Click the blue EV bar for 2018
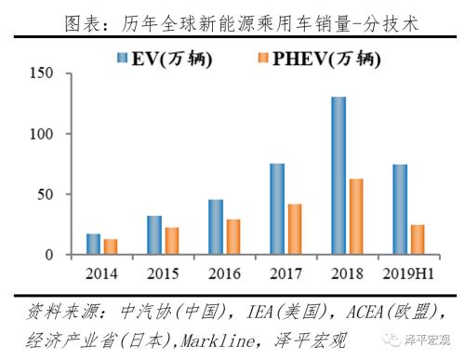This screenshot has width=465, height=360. [x=338, y=176]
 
